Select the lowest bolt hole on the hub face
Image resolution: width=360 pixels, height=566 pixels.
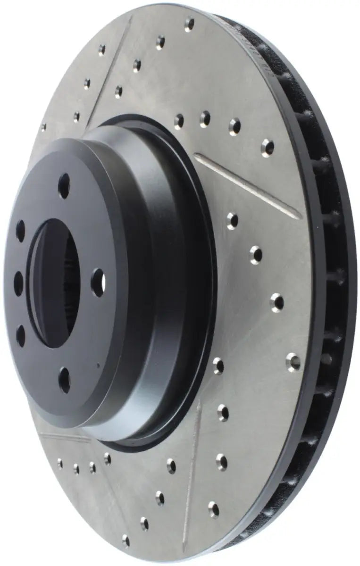[65, 380]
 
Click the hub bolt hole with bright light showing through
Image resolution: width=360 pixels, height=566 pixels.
[99, 283]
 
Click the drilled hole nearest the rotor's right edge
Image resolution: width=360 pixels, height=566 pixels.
[293, 362]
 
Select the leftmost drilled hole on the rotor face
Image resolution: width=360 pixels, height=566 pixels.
[43, 127]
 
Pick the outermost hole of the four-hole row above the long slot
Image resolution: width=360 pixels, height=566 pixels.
[267, 147]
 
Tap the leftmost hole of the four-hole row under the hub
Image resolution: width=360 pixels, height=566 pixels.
[59, 463]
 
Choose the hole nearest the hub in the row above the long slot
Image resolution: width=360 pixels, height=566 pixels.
[179, 121]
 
